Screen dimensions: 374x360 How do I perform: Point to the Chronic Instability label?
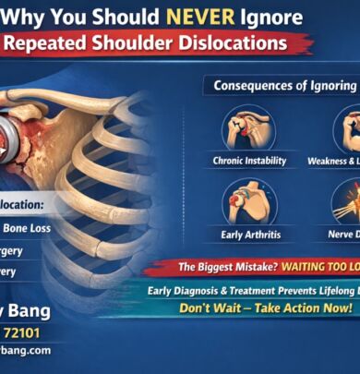coord(248,161)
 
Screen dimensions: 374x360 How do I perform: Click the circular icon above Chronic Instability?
coord(248,127)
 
